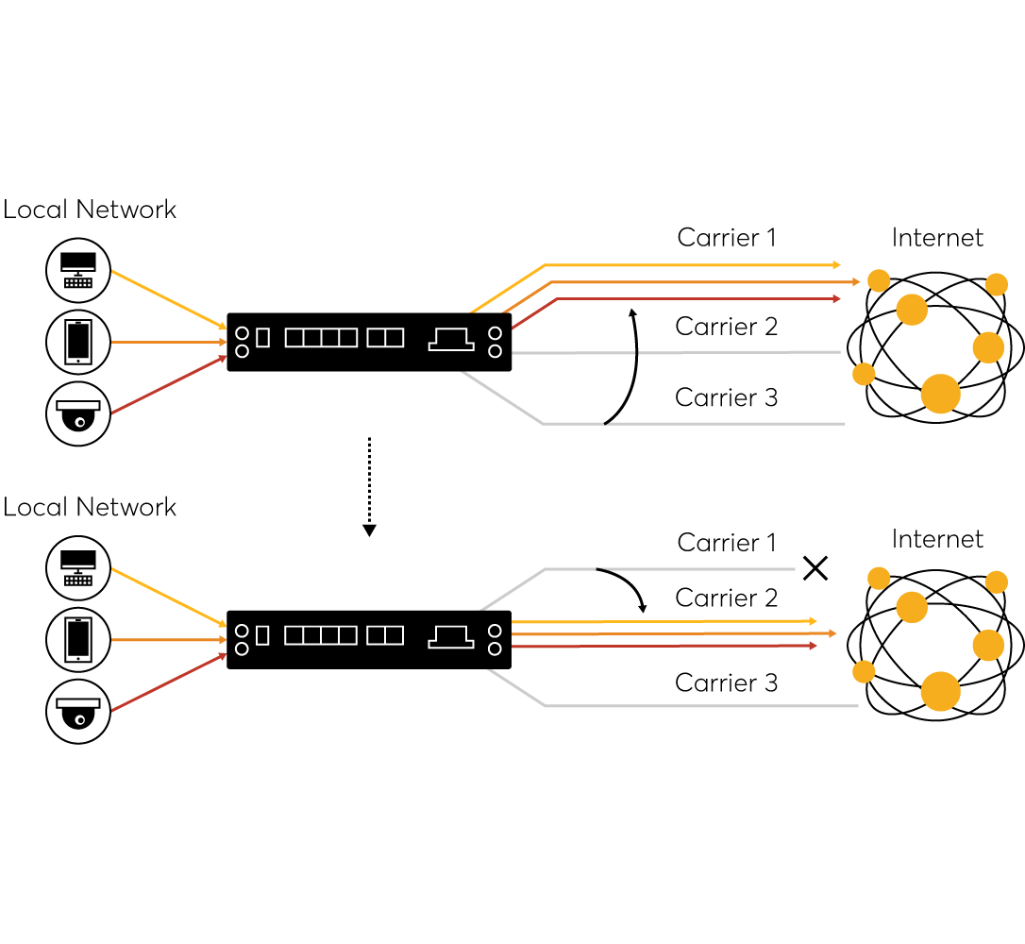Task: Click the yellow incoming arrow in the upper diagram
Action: coord(168,299)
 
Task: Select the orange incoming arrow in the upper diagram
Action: coord(168,342)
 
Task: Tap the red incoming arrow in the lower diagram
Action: coord(168,683)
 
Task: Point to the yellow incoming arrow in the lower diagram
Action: coord(168,597)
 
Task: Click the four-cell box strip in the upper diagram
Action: coord(321,338)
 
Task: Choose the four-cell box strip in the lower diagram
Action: coord(321,635)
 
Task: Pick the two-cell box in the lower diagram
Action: coord(385,635)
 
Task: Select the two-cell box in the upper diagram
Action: coord(385,338)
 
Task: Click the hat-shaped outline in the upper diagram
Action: coord(451,339)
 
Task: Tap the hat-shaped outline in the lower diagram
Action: coord(451,636)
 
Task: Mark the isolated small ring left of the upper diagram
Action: coord(80,422)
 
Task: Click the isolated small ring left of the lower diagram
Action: coord(80,719)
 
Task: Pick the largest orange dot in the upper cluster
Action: coord(940,394)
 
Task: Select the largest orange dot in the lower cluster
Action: coord(940,691)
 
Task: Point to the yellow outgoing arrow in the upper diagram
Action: coord(689,265)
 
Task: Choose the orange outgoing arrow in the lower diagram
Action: coord(670,633)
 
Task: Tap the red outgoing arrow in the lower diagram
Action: coord(661,646)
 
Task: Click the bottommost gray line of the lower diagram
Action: coord(698,706)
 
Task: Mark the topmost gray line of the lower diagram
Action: coord(698,569)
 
